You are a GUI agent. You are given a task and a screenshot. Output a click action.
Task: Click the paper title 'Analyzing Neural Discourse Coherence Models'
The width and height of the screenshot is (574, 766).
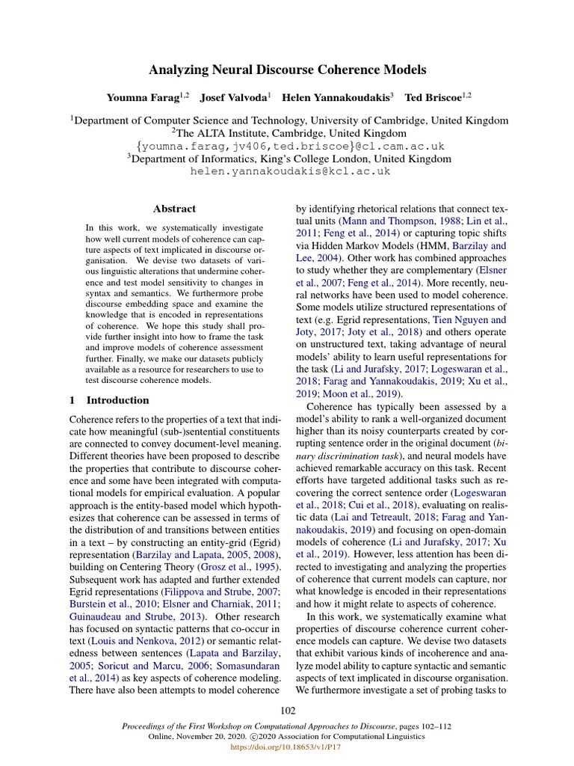click(287, 70)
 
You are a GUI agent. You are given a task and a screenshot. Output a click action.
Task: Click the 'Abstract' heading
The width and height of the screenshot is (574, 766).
click(174, 209)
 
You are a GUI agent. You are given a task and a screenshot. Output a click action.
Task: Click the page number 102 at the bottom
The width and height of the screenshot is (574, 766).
click(287, 709)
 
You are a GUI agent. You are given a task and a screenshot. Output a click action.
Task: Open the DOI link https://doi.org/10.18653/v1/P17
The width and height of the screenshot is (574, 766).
click(287, 747)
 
